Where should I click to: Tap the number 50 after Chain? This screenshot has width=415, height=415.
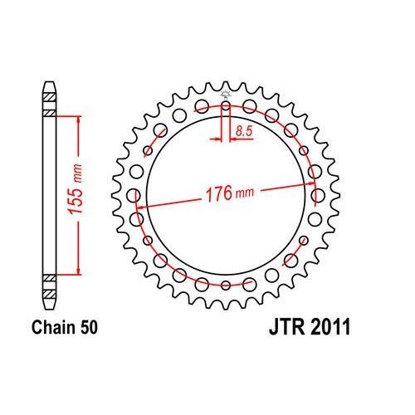point(89,330)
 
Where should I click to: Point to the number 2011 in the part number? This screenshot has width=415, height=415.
point(331,330)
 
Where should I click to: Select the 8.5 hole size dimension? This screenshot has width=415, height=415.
point(244,131)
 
